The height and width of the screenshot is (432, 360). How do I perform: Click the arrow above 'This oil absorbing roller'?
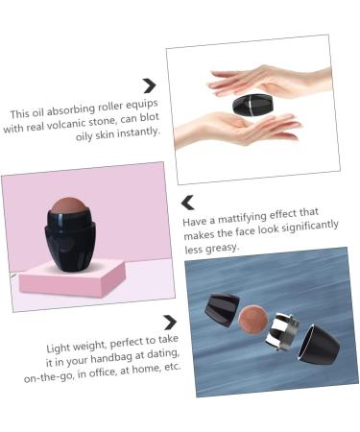pos(149,86)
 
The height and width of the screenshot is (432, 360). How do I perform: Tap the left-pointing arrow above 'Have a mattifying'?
pos(188,203)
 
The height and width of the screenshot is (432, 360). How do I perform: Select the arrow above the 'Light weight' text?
pos(170,323)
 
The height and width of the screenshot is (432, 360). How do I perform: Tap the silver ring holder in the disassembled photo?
pos(284,327)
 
